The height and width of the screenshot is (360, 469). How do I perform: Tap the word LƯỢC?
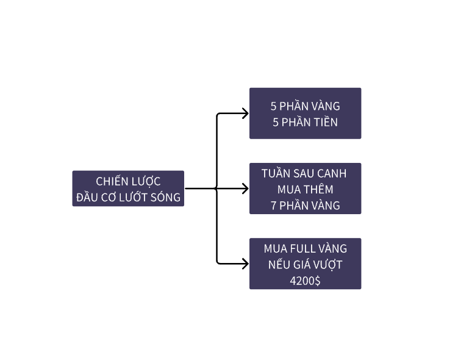point(145,181)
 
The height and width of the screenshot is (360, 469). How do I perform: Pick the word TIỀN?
point(324,122)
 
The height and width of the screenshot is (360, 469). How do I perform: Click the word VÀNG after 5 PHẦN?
point(325,106)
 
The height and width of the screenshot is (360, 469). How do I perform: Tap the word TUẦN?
point(276,173)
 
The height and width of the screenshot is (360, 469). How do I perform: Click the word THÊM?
point(319,189)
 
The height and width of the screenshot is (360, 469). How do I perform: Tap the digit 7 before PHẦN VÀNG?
point(274,205)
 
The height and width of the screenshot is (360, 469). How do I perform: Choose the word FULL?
point(304,248)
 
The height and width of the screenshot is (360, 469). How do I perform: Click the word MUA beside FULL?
point(276,248)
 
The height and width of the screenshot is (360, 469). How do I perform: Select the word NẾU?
point(281,265)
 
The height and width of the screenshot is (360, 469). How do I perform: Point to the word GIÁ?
point(308,265)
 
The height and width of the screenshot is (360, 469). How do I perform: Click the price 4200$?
point(305,281)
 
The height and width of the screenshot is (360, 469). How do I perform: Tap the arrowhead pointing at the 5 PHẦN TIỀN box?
point(245,113)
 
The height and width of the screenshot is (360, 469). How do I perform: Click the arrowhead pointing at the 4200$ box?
point(245,264)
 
